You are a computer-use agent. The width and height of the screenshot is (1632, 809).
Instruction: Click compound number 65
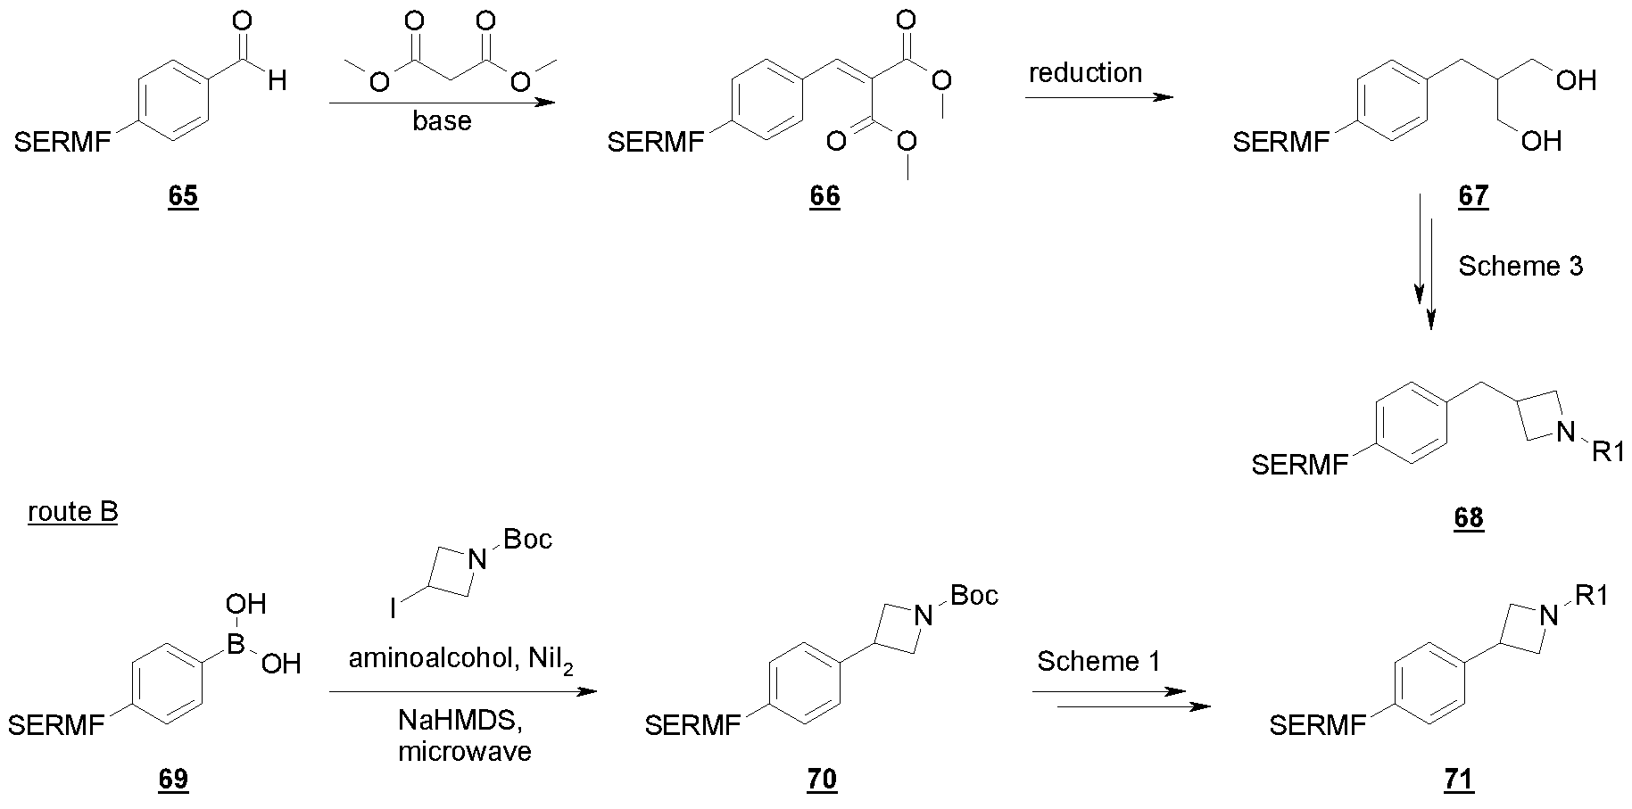pyautogui.click(x=183, y=195)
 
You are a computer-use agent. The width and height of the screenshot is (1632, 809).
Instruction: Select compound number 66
pyautogui.click(x=824, y=195)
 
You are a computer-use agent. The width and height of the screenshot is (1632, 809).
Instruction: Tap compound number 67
pyautogui.click(x=1473, y=195)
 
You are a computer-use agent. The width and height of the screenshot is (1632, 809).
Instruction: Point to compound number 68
pyautogui.click(x=1468, y=517)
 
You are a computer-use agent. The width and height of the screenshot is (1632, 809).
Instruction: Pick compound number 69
pyautogui.click(x=173, y=779)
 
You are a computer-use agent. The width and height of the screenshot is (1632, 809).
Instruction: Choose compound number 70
pyautogui.click(x=822, y=779)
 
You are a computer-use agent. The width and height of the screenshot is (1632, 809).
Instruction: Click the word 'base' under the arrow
pyautogui.click(x=442, y=120)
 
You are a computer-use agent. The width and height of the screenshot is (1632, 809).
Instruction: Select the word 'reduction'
pyautogui.click(x=1085, y=72)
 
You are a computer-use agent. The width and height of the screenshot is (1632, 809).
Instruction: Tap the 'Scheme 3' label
pyautogui.click(x=1520, y=266)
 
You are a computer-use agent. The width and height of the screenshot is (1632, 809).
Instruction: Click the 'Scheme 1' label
pyautogui.click(x=1099, y=661)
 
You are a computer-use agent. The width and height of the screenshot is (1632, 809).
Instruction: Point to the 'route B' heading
pyautogui.click(x=73, y=512)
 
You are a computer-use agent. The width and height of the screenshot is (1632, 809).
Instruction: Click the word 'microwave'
pyautogui.click(x=465, y=751)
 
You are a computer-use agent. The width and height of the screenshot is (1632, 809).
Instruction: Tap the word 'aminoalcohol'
pyautogui.click(x=424, y=659)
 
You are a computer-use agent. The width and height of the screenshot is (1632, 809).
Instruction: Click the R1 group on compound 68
pyautogui.click(x=1608, y=452)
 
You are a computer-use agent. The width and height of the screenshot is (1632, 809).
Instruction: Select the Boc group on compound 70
pyautogui.click(x=973, y=595)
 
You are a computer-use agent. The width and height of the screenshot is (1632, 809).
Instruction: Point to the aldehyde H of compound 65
pyautogui.click(x=277, y=82)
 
